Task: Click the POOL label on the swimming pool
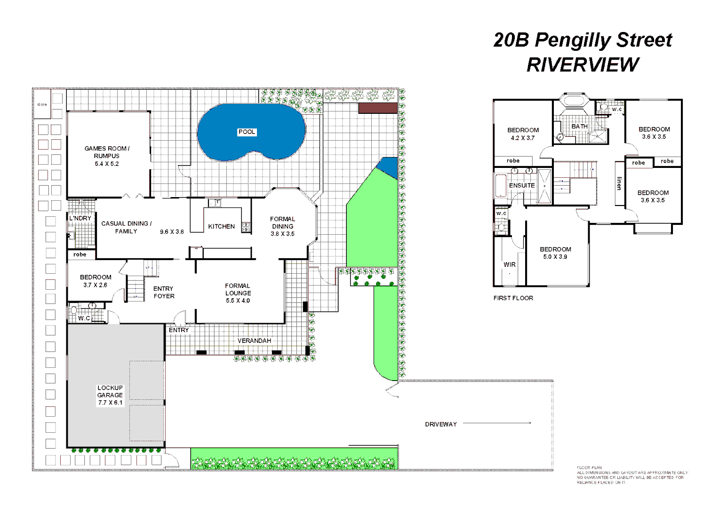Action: pos(247,132)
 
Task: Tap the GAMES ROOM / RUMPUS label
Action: pos(107,152)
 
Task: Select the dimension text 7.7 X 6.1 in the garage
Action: pos(110,403)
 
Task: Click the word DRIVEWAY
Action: pos(441,424)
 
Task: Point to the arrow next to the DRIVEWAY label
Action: pos(497,423)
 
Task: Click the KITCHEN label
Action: pos(221,226)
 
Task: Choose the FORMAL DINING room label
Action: pos(282,222)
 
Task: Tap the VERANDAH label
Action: pos(254,341)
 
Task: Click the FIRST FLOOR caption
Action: pos(513,298)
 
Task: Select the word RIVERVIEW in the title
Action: pos(583,65)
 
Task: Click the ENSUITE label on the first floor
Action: pos(522,185)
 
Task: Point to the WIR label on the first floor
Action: pos(510,264)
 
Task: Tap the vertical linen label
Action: pos(619,183)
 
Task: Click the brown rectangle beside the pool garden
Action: pos(378,108)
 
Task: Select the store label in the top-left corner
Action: pos(42,104)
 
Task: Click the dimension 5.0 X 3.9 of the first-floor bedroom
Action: pos(555,257)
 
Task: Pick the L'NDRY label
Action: pos(80,218)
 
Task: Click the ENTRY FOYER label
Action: pos(164,292)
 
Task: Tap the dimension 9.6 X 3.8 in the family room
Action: pos(172,232)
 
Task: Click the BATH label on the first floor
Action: pos(579,127)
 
